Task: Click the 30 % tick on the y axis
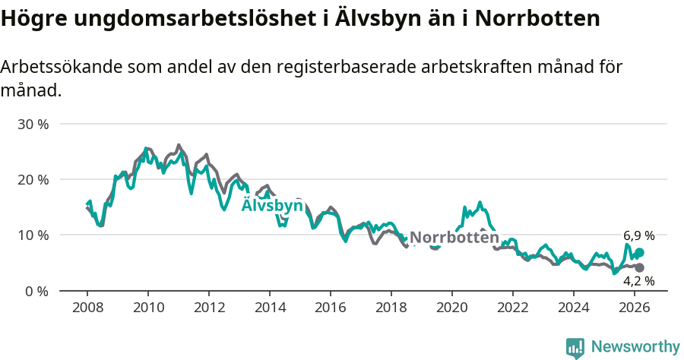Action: tap(33, 124)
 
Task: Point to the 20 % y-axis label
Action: tap(33, 179)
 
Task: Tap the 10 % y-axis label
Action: tap(33, 235)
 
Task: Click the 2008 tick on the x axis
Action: tap(87, 308)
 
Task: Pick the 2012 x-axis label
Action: tap(209, 308)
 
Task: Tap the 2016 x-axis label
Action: tap(331, 308)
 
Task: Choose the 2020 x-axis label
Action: tap(452, 308)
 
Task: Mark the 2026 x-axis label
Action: tap(635, 308)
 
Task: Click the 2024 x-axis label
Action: tap(574, 308)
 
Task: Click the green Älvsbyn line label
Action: tap(272, 206)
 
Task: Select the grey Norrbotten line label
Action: tap(454, 237)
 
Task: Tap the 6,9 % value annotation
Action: tap(638, 236)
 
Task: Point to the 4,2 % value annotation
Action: tap(638, 281)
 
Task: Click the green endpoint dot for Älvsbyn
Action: tap(639, 253)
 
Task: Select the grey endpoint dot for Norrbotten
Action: tap(639, 267)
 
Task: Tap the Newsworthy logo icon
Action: tap(575, 347)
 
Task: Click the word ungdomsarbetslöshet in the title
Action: tap(182, 19)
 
